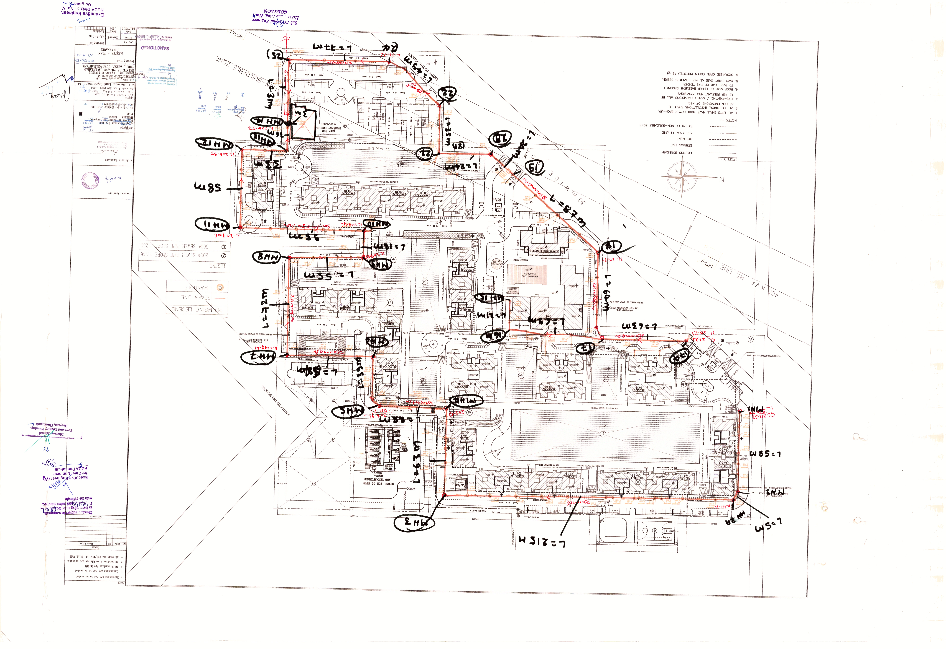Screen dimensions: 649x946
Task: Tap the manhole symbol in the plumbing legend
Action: pos(220,287)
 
